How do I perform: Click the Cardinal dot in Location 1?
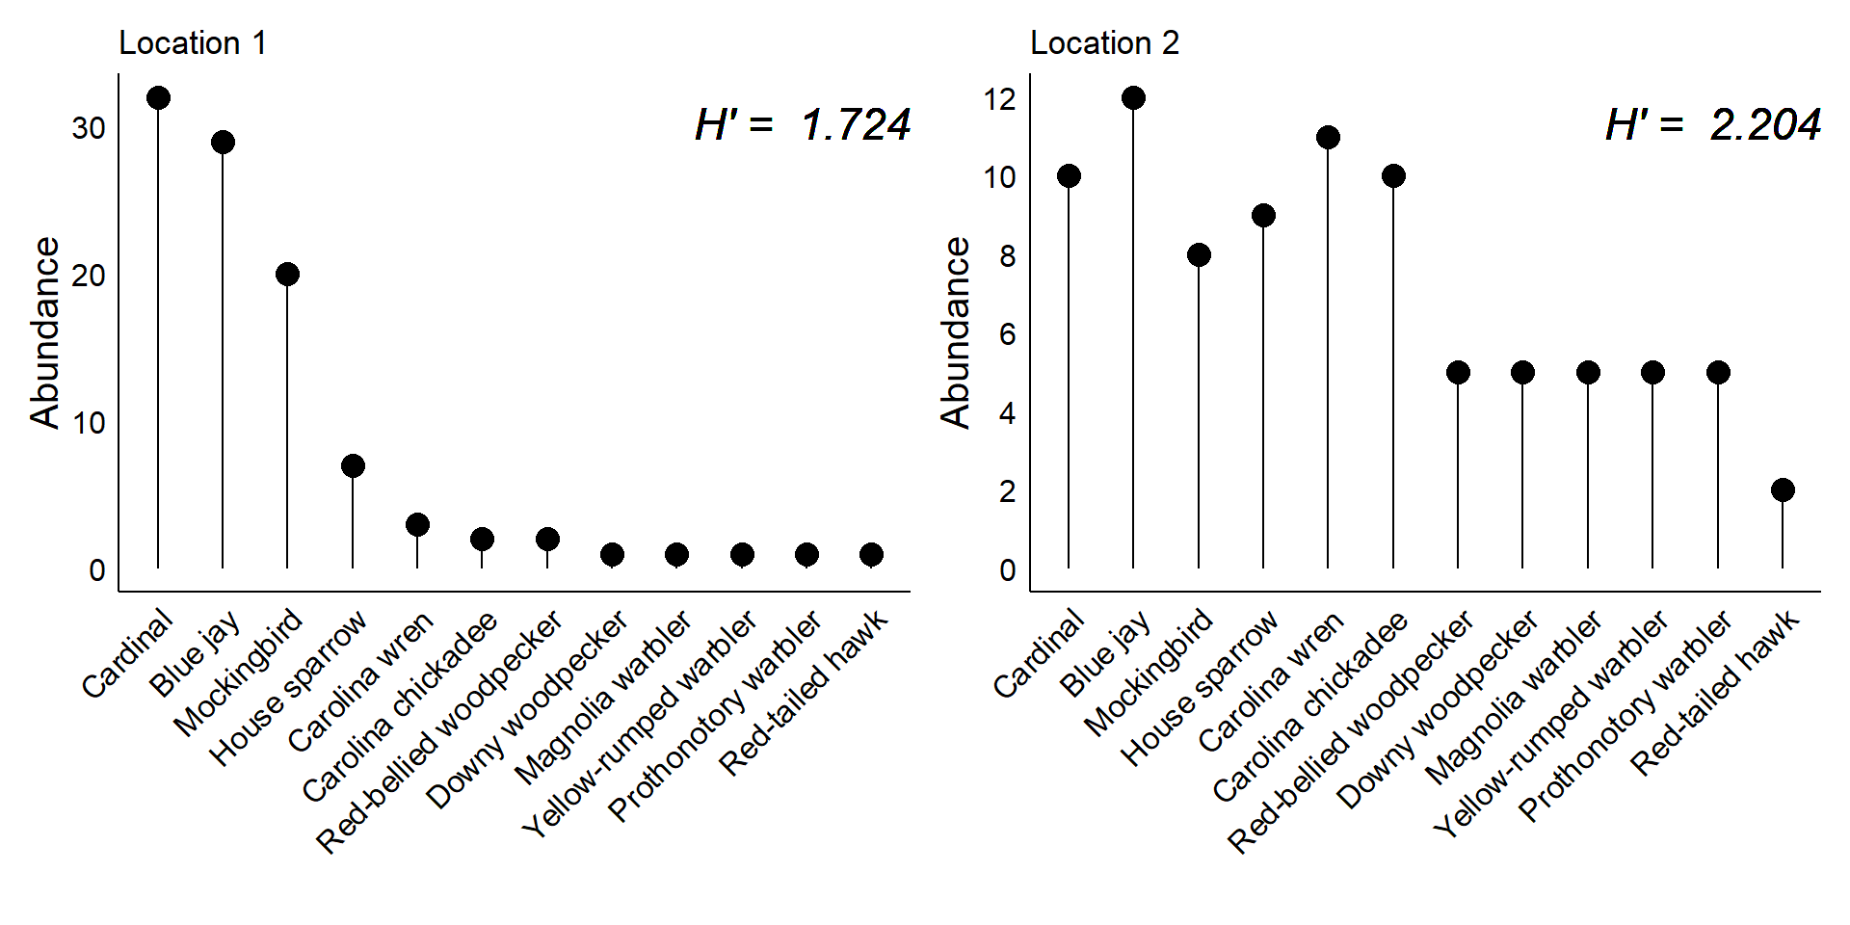click(158, 98)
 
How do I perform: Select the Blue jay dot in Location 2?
click(1133, 98)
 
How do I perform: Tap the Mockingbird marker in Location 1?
click(287, 275)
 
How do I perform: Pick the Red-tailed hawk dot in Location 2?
click(1783, 490)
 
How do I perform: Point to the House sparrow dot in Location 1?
click(353, 466)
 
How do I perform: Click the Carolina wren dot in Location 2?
click(1328, 138)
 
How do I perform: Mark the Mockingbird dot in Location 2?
click(1199, 255)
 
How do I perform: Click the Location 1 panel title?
click(192, 43)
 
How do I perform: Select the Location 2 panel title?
click(1104, 43)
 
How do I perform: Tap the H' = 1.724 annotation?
click(802, 125)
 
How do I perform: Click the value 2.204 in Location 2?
click(1765, 125)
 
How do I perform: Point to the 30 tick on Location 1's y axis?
click(89, 128)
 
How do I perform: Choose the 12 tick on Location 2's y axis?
click(1000, 99)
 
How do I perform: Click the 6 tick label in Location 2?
click(1007, 334)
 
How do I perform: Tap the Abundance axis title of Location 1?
click(45, 332)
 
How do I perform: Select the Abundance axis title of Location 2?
click(956, 332)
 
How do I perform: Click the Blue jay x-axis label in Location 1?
click(196, 654)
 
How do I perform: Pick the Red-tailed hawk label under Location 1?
click(804, 693)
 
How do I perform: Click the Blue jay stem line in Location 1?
click(223, 357)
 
